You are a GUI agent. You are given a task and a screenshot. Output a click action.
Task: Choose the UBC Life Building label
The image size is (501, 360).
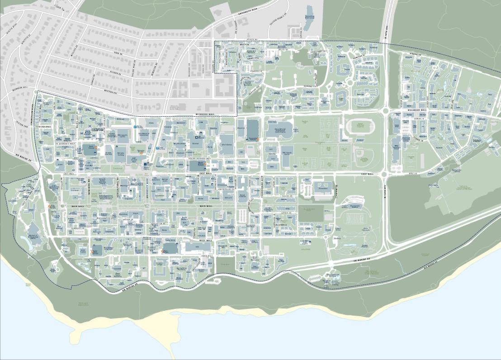tap(120, 154)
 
